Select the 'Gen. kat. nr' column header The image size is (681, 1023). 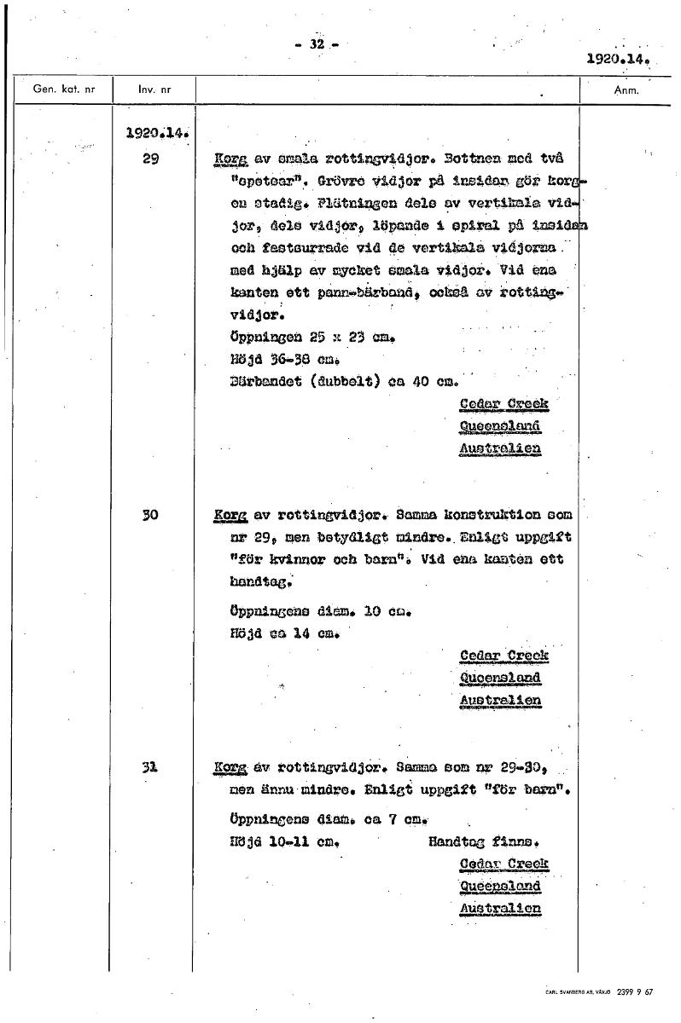pyautogui.click(x=63, y=89)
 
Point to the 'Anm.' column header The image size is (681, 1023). pyautogui.click(x=627, y=89)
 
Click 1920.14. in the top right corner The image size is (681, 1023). pyautogui.click(x=619, y=61)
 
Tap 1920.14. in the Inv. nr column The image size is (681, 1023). pyautogui.click(x=156, y=134)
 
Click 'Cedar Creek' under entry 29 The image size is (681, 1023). pyautogui.click(x=503, y=403)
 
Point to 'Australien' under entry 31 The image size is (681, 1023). pyautogui.click(x=500, y=909)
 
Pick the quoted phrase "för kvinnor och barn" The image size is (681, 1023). pyautogui.click(x=315, y=560)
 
